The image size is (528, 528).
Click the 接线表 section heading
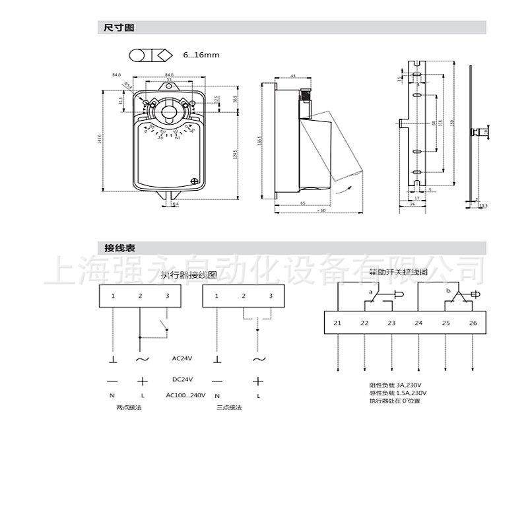tap(119, 247)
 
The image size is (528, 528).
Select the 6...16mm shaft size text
tap(201, 55)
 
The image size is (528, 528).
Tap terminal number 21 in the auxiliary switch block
tap(337, 323)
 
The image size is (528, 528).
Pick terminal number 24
tap(418, 323)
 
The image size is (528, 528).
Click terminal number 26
tap(473, 323)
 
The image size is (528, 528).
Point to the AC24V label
tap(181, 358)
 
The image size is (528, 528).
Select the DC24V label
tap(181, 379)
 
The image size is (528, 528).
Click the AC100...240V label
tap(185, 395)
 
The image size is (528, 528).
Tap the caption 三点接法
tap(229, 407)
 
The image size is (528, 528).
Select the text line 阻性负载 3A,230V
tap(395, 385)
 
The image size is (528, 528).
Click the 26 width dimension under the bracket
tap(412, 205)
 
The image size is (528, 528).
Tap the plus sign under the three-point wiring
tap(258, 381)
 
